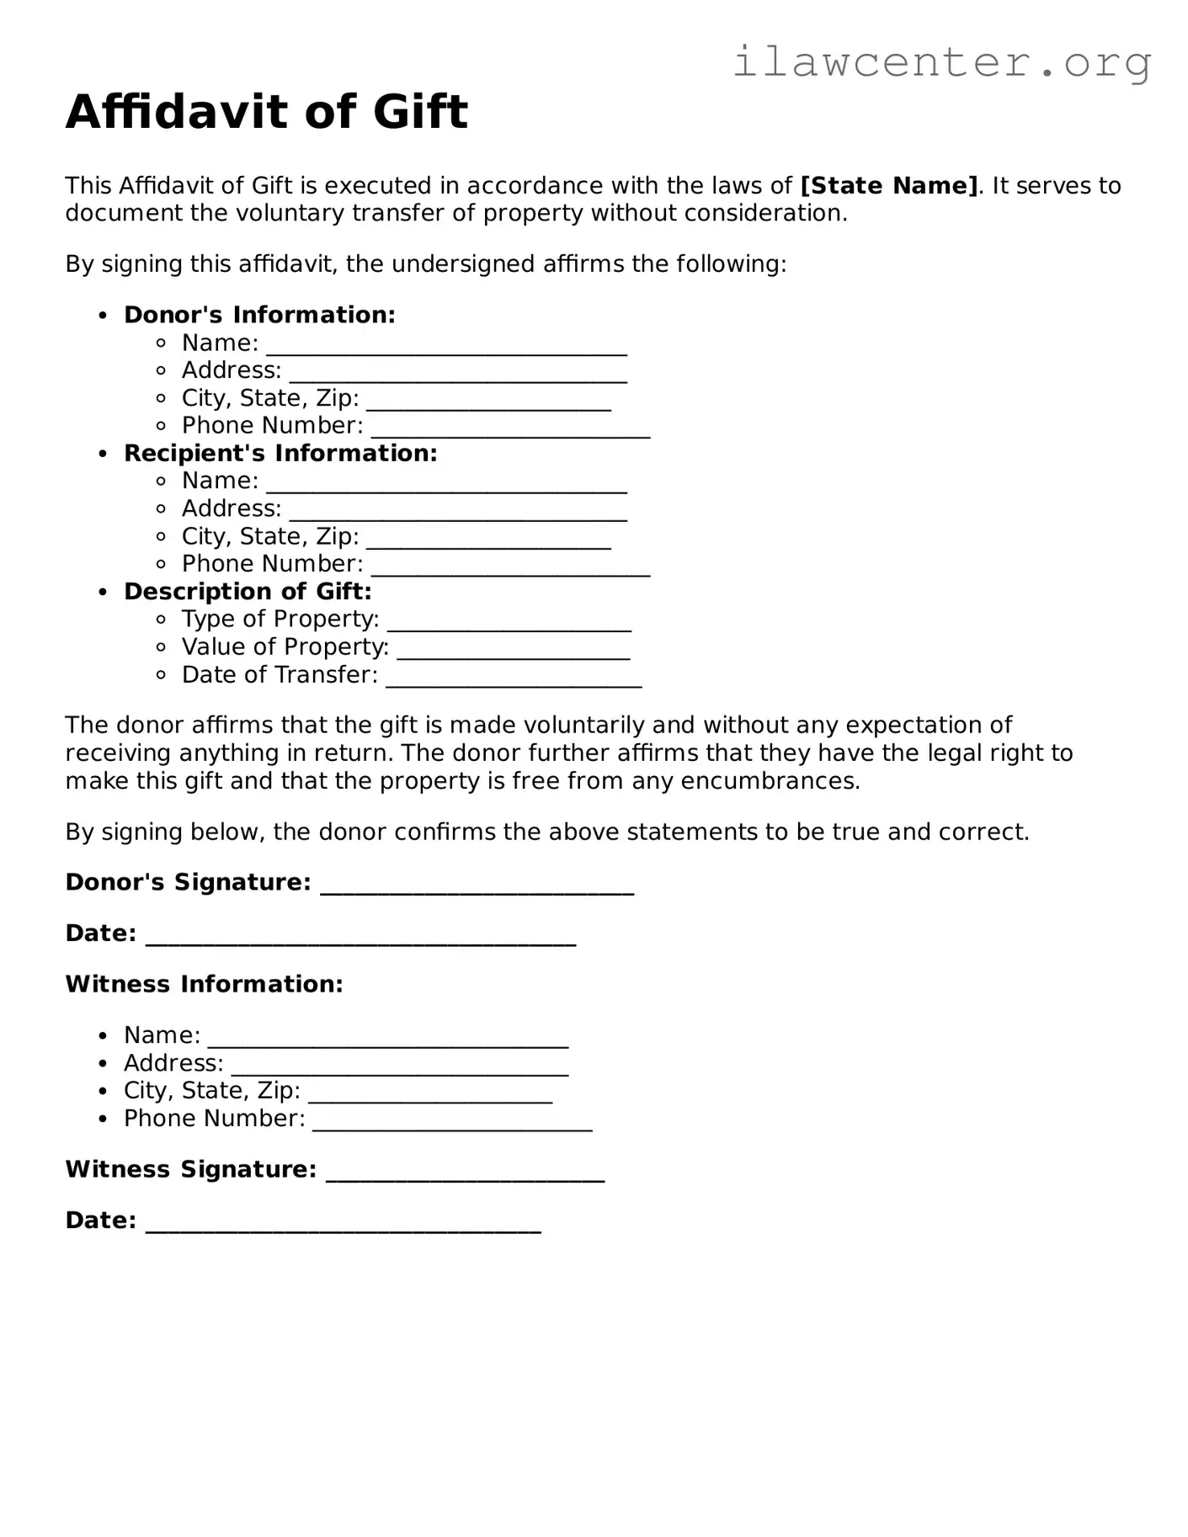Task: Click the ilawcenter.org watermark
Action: [941, 61]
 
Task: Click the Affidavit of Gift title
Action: [266, 112]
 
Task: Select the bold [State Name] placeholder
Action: [889, 185]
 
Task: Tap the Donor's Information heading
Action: [259, 315]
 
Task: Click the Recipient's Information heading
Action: [280, 453]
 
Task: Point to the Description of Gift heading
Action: [248, 591]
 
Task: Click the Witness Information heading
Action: [204, 984]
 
